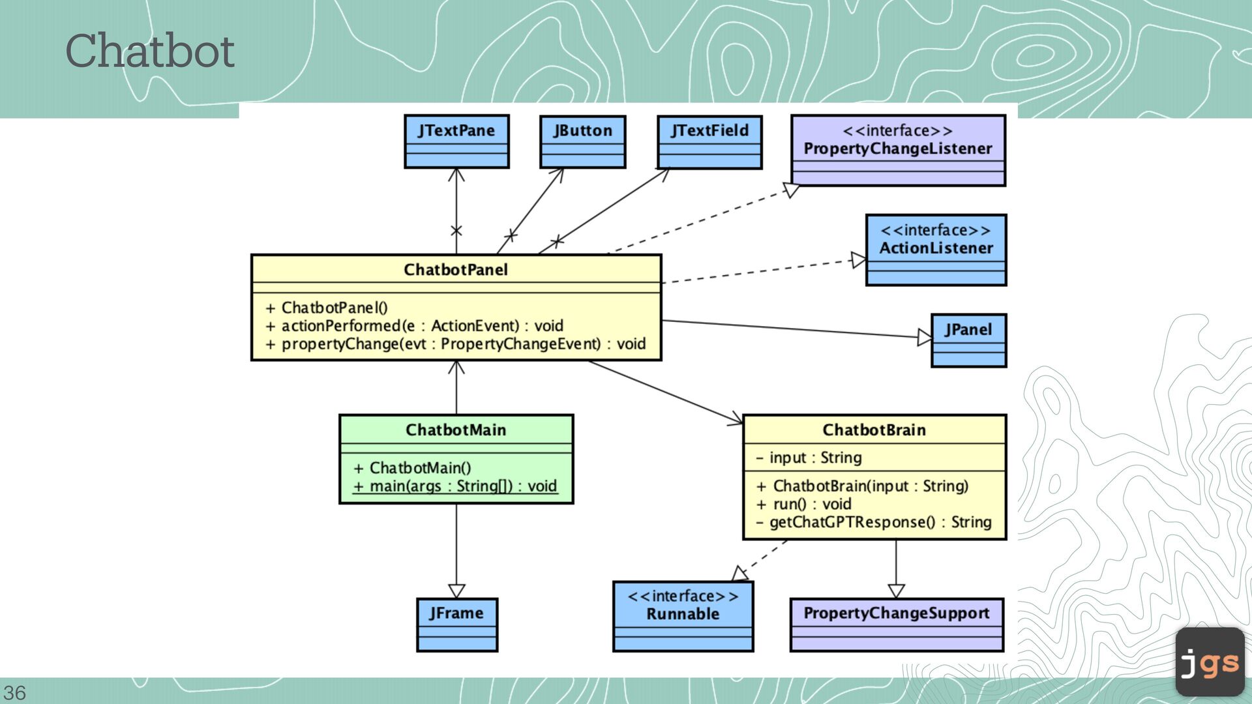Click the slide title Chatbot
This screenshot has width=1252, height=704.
point(150,51)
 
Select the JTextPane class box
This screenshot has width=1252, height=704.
point(456,141)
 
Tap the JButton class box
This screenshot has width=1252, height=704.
point(583,142)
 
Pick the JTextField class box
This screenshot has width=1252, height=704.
point(709,142)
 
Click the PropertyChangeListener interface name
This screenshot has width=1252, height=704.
point(898,149)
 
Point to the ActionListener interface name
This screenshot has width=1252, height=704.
point(936,248)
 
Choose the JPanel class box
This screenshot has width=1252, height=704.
point(968,340)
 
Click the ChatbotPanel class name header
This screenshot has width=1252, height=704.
point(456,269)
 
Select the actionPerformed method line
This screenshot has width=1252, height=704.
point(414,325)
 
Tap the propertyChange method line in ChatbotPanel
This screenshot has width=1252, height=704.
point(455,344)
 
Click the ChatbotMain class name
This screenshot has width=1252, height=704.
point(456,430)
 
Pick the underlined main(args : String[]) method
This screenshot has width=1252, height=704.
point(455,486)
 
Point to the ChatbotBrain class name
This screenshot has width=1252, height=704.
point(874,430)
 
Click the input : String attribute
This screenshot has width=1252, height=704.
point(809,458)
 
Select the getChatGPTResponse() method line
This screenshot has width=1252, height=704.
point(874,522)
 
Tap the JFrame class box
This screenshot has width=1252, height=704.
point(456,624)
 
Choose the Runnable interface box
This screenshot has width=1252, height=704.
point(683,617)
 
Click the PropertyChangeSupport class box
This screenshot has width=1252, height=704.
point(897,624)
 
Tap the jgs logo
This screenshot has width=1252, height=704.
point(1210,662)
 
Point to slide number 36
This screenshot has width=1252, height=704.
point(14,692)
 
